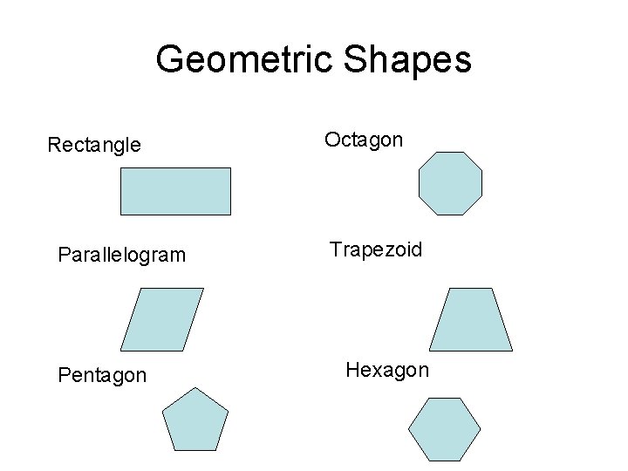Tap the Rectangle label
tap(93, 145)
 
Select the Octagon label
tap(364, 140)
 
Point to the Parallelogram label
tap(121, 255)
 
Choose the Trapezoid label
tap(376, 250)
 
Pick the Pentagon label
tap(102, 375)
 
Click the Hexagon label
tap(387, 370)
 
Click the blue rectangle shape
tap(175, 191)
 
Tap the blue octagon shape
tap(450, 183)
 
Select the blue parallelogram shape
tap(162, 319)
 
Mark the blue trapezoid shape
tap(471, 319)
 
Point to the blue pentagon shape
tap(195, 422)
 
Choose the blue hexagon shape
tap(445, 429)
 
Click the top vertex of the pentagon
tap(195, 388)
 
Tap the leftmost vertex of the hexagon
tap(409, 429)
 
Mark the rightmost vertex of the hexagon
tap(481, 429)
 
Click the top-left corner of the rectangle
tap(120, 168)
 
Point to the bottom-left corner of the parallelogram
tap(120, 351)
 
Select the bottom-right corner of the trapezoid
tap(513, 351)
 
